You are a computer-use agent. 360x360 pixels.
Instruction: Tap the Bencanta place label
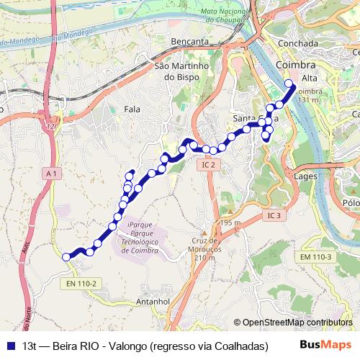click(x=190, y=42)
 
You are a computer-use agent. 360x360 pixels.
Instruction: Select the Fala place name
click(x=132, y=109)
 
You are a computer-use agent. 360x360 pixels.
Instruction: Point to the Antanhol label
click(x=152, y=301)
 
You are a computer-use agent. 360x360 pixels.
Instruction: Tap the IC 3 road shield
click(x=273, y=215)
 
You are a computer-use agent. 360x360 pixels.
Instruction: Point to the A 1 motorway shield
click(x=50, y=174)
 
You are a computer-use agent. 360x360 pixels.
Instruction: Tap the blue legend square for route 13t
click(x=12, y=346)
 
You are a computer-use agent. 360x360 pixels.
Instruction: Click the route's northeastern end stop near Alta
click(x=289, y=84)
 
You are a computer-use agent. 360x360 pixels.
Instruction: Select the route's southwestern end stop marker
click(x=66, y=257)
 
